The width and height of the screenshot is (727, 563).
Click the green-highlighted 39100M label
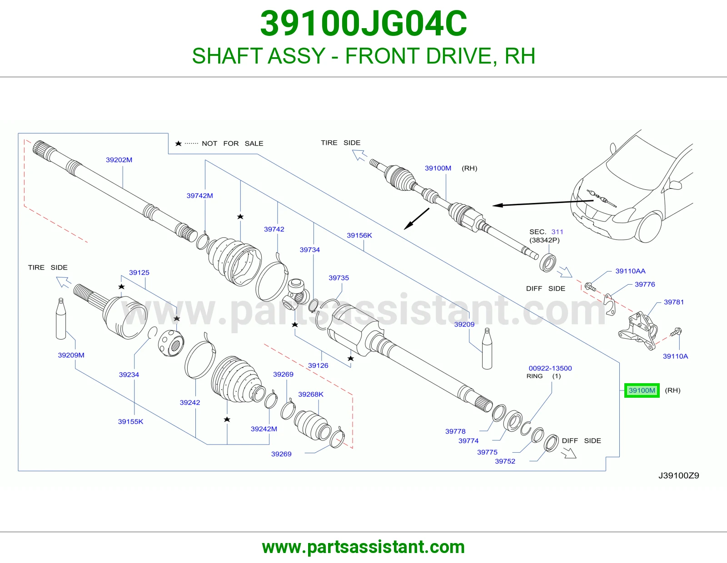point(642,390)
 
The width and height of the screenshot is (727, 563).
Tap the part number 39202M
point(119,160)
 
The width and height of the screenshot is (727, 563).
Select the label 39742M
point(200,196)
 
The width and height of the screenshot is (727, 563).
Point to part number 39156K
point(359,235)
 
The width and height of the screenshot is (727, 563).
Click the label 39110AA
point(630,271)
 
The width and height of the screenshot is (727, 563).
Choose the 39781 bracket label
point(674,302)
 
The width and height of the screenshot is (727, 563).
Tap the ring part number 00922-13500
point(550,368)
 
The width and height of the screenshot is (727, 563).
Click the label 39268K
point(311,395)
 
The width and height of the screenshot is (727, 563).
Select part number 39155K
point(130,422)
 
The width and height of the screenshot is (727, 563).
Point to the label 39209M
point(71,355)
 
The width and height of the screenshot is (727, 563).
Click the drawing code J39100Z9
point(679,475)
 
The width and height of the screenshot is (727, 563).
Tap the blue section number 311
point(558,232)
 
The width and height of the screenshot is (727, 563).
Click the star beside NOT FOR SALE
point(178,143)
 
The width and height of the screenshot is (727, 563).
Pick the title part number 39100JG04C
point(363,24)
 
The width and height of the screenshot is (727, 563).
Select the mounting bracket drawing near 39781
point(637,331)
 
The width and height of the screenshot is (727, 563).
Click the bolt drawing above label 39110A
point(676,332)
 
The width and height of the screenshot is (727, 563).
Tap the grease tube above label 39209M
point(61,319)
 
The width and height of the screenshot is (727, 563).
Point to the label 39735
point(339,278)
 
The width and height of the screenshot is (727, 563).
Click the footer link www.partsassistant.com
point(363,547)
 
